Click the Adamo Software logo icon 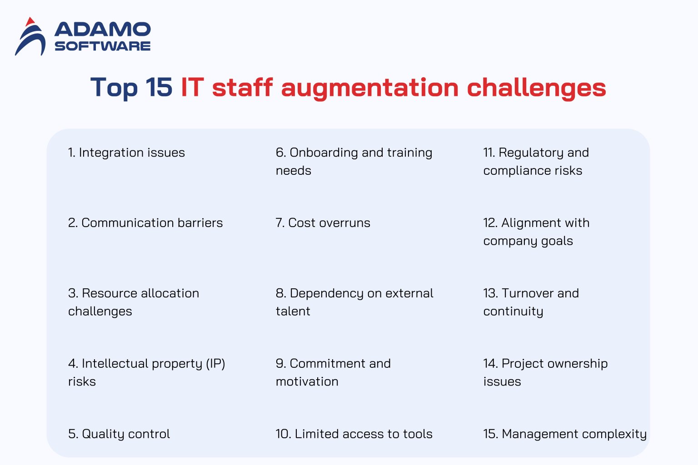pos(30,37)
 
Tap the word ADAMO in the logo pos(103,30)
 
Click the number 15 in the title pos(159,87)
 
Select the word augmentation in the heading pos(370,88)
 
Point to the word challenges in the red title pos(536,87)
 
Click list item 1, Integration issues pos(126,153)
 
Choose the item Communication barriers pos(145,223)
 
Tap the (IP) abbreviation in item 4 pos(215,364)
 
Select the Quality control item pos(119,434)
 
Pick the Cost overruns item pos(323,223)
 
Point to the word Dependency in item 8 pos(327,293)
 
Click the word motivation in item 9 pos(307,382)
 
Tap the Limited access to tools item pos(354,434)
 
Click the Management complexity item pos(565,434)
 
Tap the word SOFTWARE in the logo pos(103,46)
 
